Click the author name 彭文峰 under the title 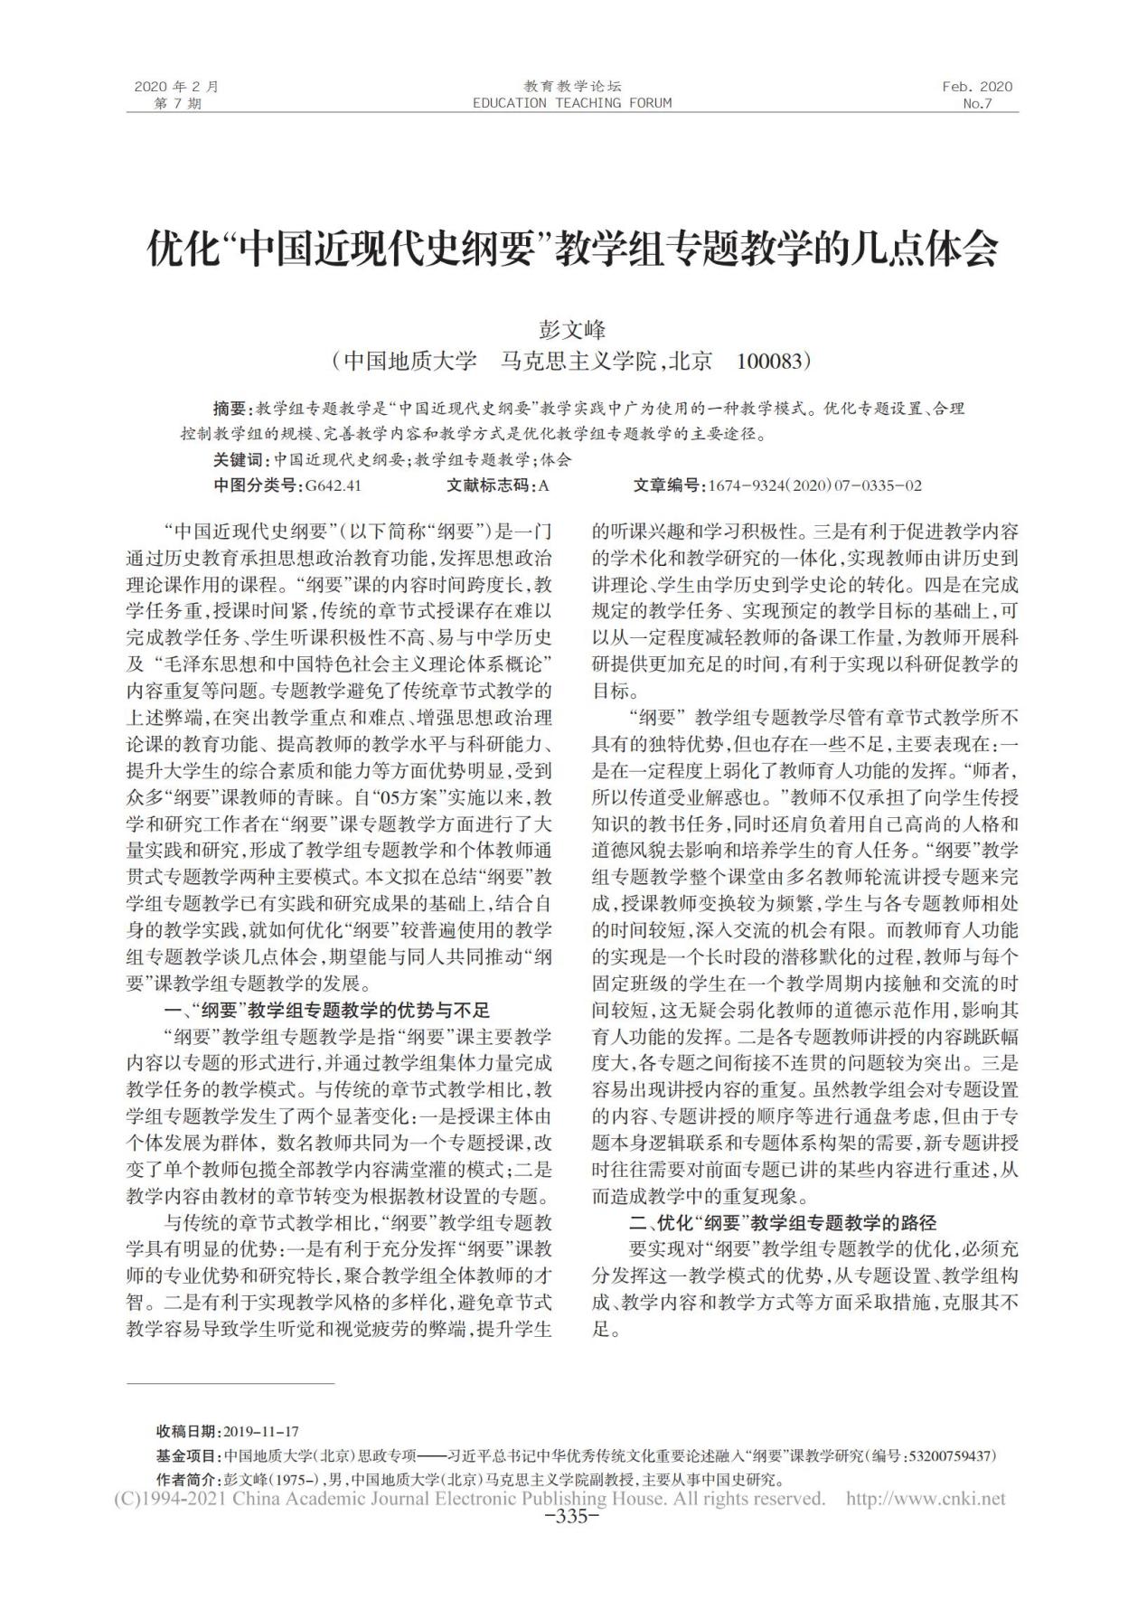[572, 329]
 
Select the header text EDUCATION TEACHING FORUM [572, 103]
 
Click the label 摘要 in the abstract [229, 409]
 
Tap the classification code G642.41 [334, 485]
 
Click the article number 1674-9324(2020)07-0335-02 [815, 485]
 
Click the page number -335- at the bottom [573, 1516]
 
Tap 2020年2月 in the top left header [176, 87]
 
